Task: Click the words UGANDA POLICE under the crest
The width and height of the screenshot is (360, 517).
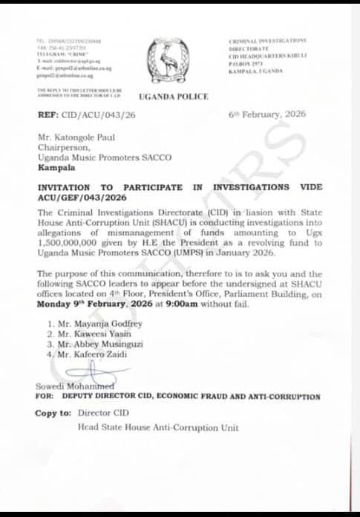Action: point(174,97)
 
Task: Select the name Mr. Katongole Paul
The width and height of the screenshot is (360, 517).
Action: point(85,137)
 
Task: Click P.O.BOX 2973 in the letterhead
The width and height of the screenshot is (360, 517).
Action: point(246,65)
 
